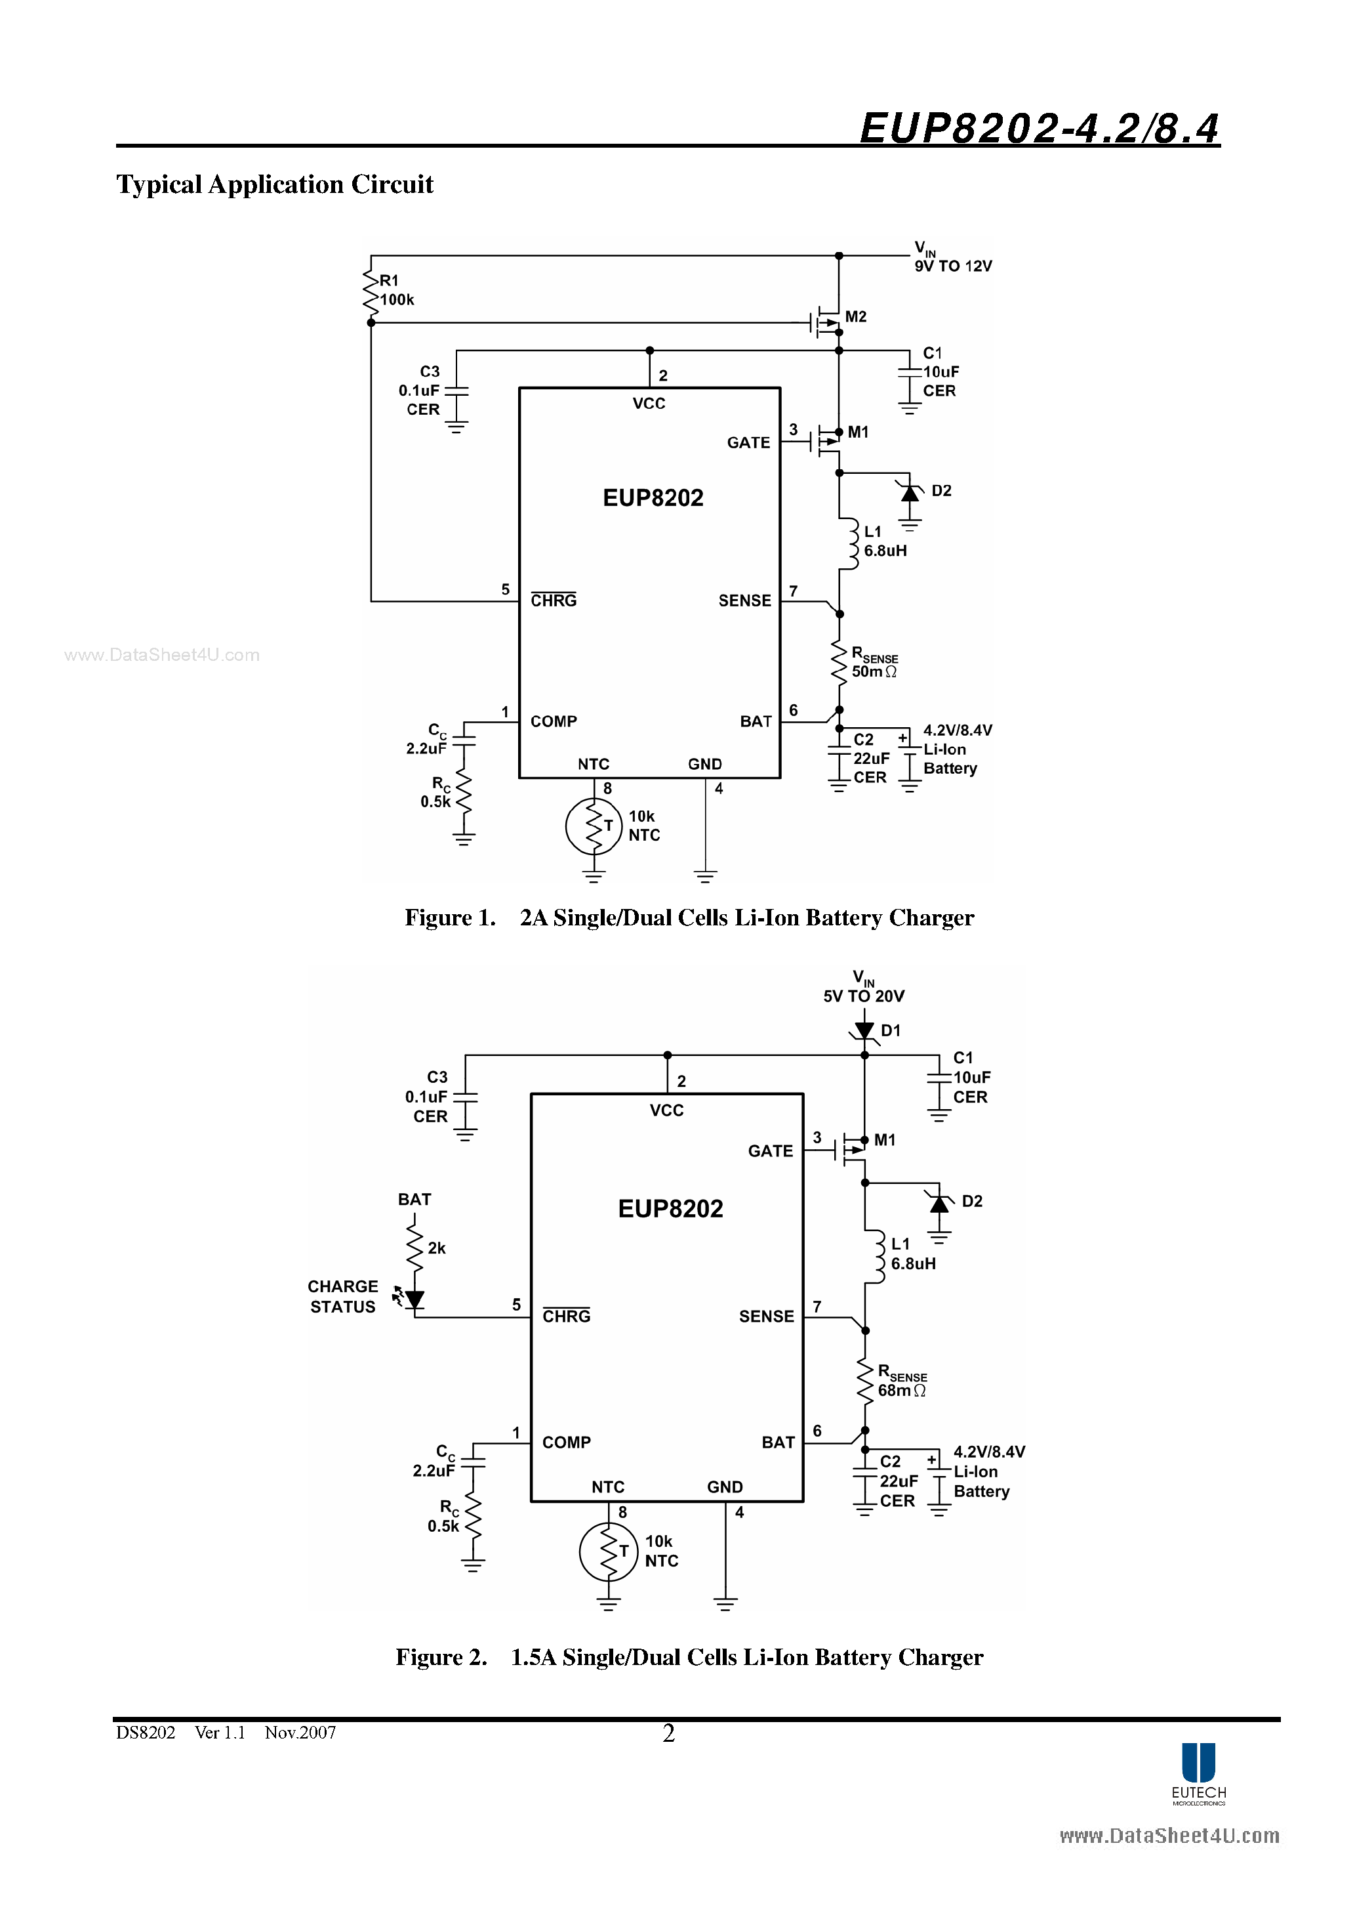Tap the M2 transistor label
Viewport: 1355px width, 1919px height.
click(855, 317)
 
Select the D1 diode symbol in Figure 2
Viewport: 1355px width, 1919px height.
click(864, 1030)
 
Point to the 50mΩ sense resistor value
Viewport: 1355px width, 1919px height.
click(873, 672)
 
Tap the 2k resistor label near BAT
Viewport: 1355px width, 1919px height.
click(436, 1248)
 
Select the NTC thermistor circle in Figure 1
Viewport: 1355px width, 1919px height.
click(593, 826)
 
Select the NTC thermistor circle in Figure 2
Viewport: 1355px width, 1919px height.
click(607, 1551)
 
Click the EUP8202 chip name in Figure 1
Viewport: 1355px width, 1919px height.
click(653, 498)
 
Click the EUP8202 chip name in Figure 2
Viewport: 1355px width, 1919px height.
click(670, 1209)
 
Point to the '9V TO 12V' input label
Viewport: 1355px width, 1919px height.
click(952, 266)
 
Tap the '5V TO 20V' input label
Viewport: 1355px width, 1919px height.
click(863, 996)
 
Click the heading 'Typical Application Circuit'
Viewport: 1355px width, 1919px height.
click(275, 184)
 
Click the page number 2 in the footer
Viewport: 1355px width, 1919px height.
click(668, 1733)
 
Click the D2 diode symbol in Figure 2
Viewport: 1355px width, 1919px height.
click(939, 1204)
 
